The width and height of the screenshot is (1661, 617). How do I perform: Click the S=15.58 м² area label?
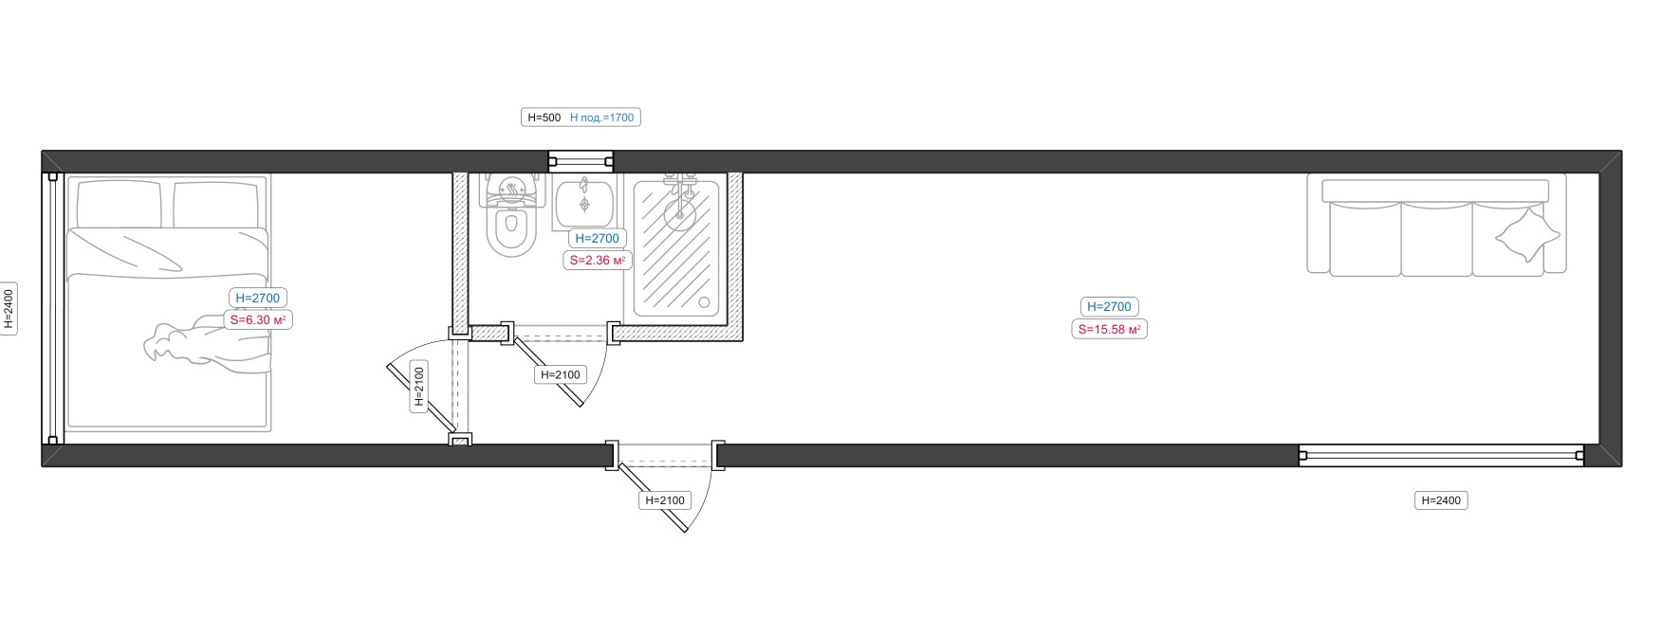pyautogui.click(x=1109, y=330)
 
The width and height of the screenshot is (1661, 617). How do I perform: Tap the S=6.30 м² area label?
pyautogui.click(x=257, y=320)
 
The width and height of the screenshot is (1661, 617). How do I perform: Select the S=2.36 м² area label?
pyautogui.click(x=598, y=260)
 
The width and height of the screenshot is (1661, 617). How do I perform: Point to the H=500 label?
pyautogui.click(x=544, y=118)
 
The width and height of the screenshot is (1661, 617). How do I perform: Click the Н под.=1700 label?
pyautogui.click(x=601, y=118)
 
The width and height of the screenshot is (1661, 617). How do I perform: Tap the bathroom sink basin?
pyautogui.click(x=583, y=201)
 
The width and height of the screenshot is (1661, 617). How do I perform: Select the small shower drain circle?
pyautogui.click(x=704, y=303)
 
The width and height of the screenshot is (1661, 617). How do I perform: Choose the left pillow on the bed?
pyautogui.click(x=119, y=204)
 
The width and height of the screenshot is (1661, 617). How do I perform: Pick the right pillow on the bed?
pyautogui.click(x=216, y=204)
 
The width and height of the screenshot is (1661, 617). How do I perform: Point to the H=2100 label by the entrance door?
pyautogui.click(x=665, y=500)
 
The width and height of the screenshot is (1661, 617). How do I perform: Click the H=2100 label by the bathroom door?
pyautogui.click(x=561, y=375)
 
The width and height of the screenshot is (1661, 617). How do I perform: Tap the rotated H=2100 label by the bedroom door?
pyautogui.click(x=419, y=387)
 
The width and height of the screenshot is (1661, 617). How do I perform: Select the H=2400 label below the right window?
pyautogui.click(x=1441, y=500)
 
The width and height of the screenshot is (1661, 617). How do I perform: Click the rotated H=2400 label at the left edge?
pyautogui.click(x=9, y=309)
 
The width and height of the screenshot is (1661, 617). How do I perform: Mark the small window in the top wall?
pyautogui.click(x=581, y=162)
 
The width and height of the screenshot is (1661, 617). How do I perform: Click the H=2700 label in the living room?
pyautogui.click(x=1110, y=307)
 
